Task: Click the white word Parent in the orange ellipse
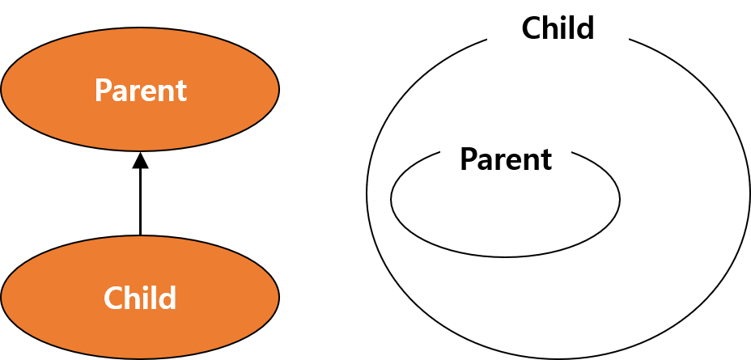[140, 90]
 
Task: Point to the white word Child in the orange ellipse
[140, 299]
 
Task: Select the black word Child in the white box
[558, 28]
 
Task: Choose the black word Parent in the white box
[506, 159]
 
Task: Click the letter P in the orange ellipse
[102, 90]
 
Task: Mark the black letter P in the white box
[467, 159]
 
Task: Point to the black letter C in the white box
[530, 28]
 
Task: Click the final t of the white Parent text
[182, 91]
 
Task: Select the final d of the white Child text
[168, 298]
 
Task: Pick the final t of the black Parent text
[548, 159]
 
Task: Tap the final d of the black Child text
[587, 28]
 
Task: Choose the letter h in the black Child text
[549, 28]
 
